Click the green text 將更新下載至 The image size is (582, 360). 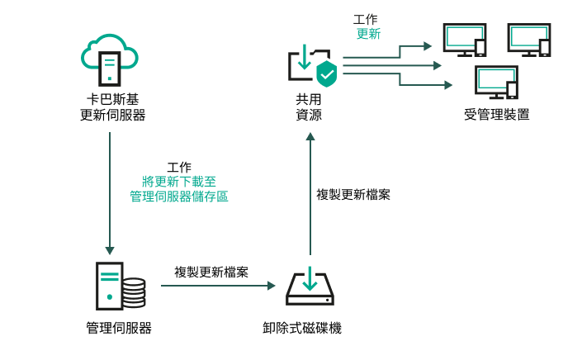tap(179, 182)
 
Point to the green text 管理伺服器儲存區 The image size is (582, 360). tap(179, 197)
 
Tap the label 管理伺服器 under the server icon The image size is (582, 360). tap(119, 328)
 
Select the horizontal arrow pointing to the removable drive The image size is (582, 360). tap(218, 287)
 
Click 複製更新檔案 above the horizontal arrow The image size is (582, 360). tap(212, 272)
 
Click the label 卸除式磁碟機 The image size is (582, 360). tap(309, 328)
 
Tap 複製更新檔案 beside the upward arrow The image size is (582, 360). tap(354, 195)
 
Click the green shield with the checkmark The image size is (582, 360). tap(327, 73)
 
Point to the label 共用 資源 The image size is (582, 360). tap(309, 107)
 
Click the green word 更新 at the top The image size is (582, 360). tap(368, 34)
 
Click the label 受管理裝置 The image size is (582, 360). tap(497, 114)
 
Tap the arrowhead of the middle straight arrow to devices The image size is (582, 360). tap(439, 65)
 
